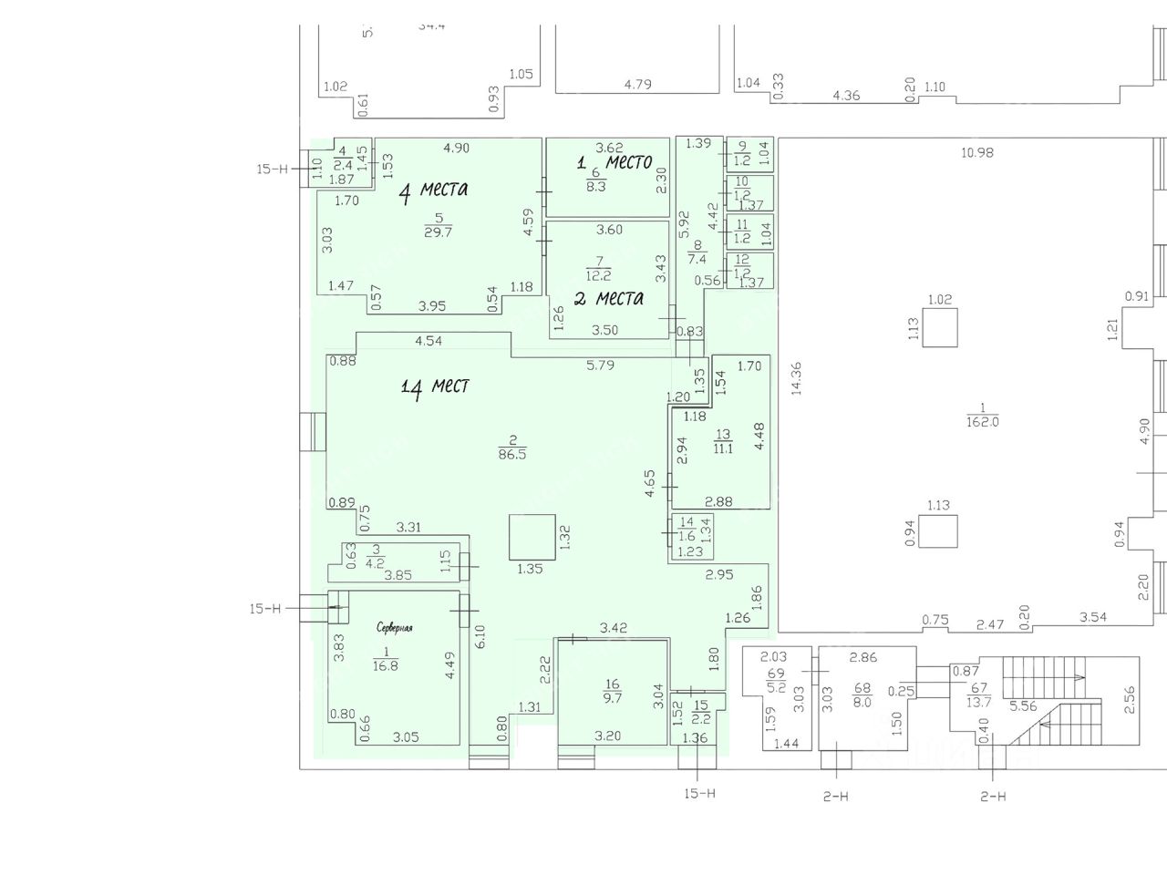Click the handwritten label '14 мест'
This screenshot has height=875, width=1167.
tap(435, 387)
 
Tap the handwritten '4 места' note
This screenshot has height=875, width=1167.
tap(434, 190)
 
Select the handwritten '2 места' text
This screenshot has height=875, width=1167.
tap(609, 298)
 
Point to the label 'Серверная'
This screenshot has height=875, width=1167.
tap(396, 628)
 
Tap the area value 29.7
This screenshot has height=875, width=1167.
tap(439, 232)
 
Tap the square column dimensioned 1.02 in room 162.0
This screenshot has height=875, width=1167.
tap(940, 328)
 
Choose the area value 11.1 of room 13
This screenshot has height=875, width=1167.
tap(724, 446)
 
